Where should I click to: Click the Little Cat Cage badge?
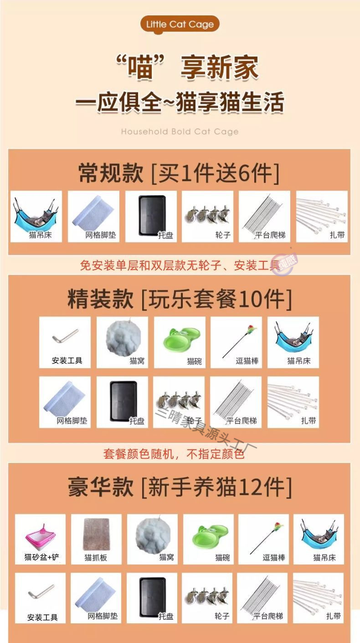click(180, 24)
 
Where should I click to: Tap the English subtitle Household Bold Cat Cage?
click(180, 132)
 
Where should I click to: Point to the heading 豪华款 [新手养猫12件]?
click(179, 487)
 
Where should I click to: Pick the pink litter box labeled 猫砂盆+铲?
click(41, 539)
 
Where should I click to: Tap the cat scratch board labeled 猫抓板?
click(96, 539)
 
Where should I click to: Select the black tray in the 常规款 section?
click(151, 216)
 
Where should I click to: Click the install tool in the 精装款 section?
click(65, 342)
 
